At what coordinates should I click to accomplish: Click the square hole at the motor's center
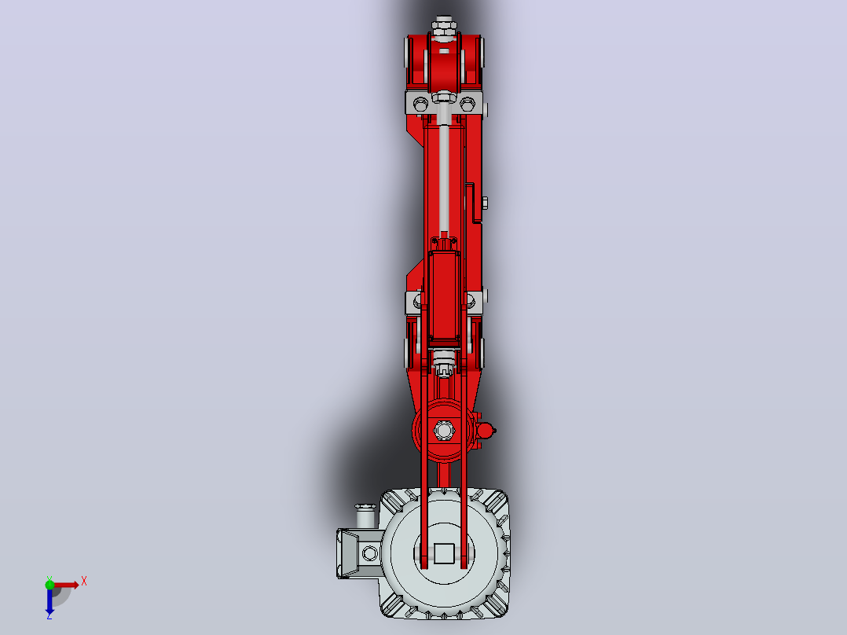(x=444, y=552)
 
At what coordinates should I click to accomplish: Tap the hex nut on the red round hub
(x=444, y=431)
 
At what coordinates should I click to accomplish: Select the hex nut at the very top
(x=444, y=24)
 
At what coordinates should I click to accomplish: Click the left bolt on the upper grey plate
(x=420, y=104)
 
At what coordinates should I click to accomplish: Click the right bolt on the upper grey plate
(x=467, y=104)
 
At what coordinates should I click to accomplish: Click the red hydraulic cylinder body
(x=444, y=295)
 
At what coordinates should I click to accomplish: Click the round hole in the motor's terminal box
(x=370, y=552)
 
